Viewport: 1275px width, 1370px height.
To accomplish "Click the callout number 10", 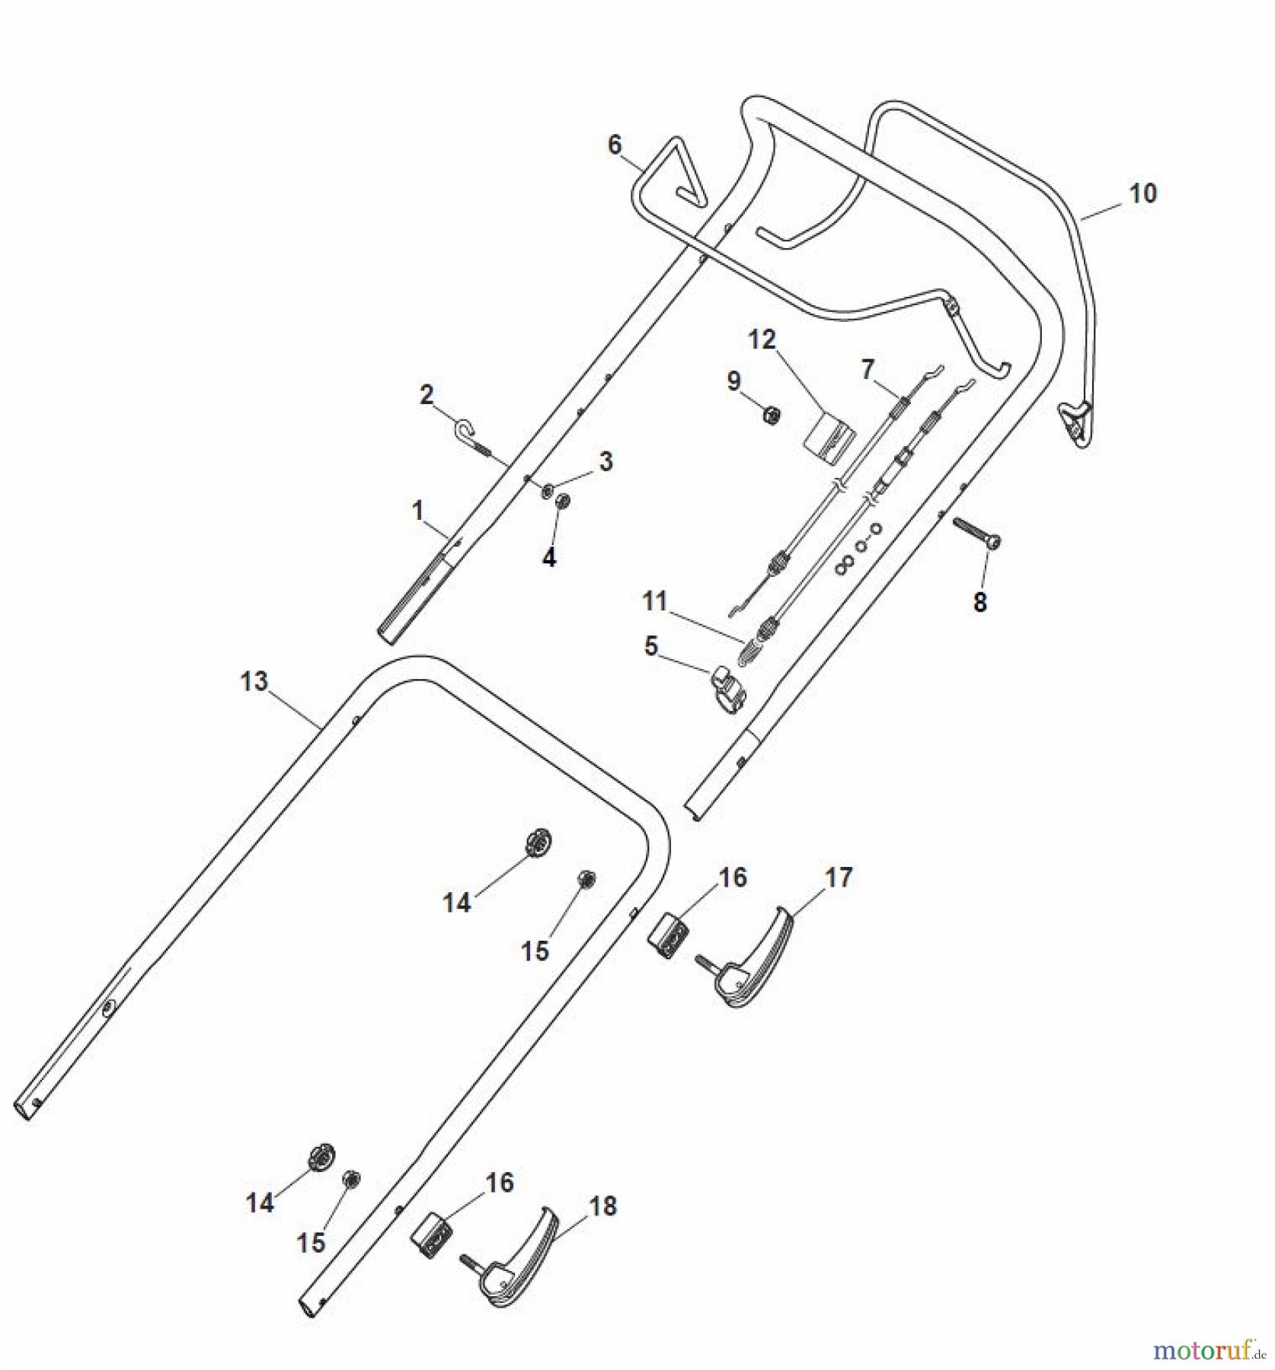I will coord(1142,194).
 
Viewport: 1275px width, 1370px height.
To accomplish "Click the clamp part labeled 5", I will coord(729,689).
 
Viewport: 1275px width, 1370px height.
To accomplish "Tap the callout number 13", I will coord(254,681).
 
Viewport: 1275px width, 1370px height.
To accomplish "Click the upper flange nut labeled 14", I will coord(539,842).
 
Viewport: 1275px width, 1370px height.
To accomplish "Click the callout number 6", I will coord(615,145).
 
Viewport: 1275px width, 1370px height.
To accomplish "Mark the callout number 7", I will coord(868,370).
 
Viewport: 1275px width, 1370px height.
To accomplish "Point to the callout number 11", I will coord(654,601).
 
